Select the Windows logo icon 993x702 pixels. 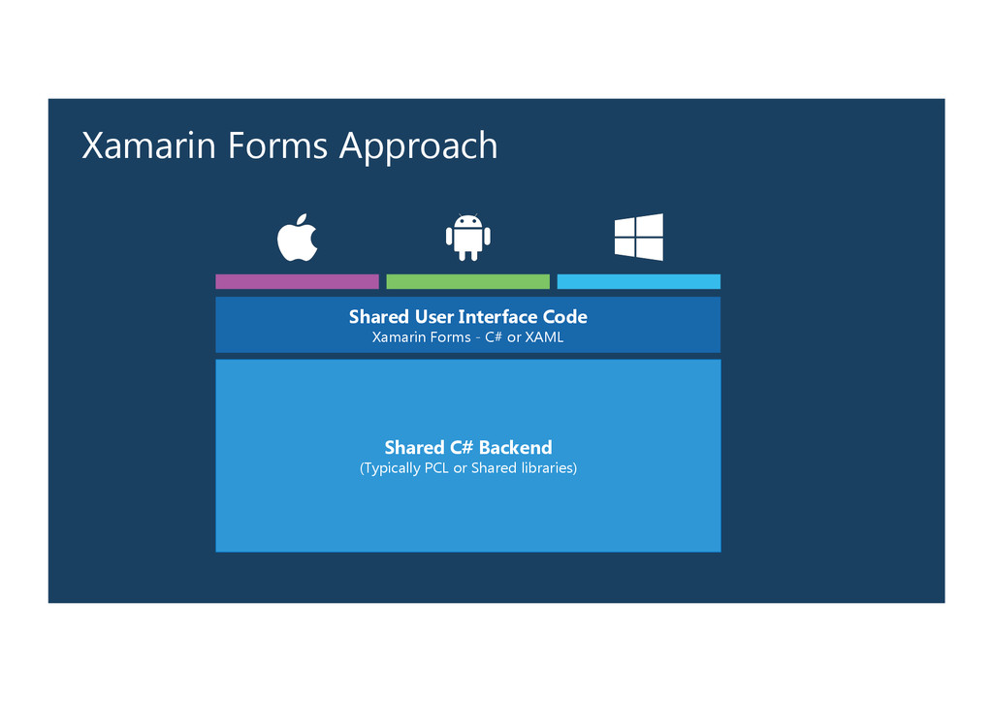click(639, 238)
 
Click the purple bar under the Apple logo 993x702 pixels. click(297, 281)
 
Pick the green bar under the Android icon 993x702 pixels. click(467, 281)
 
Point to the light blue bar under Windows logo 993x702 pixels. click(638, 281)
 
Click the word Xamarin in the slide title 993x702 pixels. click(150, 145)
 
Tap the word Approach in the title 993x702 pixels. click(418, 147)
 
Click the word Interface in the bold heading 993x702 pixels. click(498, 317)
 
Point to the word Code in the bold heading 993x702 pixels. click(565, 317)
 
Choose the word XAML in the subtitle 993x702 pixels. click(544, 337)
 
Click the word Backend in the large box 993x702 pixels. click(515, 447)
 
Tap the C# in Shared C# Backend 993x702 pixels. click(462, 447)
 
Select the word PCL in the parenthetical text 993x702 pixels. click(436, 468)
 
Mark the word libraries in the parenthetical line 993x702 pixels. click(547, 468)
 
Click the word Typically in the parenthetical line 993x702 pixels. click(392, 468)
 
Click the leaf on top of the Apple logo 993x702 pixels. click(303, 218)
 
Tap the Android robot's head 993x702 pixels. click(467, 221)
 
